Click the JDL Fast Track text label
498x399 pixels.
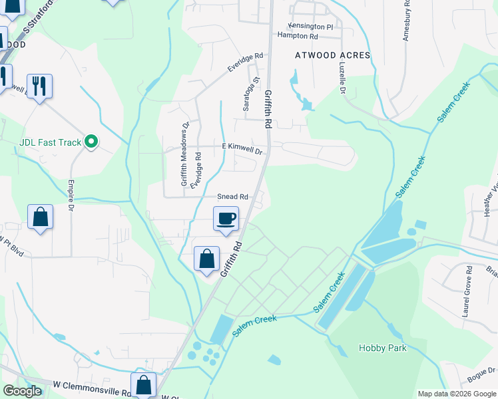click(50, 142)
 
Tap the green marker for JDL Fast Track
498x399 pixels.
click(93, 142)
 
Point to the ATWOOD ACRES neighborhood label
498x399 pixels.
click(332, 56)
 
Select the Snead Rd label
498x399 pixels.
click(232, 197)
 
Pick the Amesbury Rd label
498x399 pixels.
click(406, 23)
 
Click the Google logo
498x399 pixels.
click(22, 391)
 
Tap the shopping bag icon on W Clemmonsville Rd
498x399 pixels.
click(144, 384)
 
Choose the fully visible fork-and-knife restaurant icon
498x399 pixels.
click(39, 86)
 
